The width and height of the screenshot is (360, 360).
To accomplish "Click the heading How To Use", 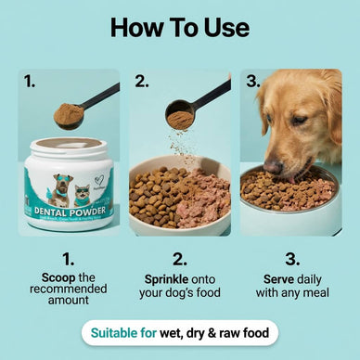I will point(179,26).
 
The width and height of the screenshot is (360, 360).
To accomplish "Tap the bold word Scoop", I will point(59,277).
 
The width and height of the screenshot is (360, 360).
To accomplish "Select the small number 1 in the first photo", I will point(31,82).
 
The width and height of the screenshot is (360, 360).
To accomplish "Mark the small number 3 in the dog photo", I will point(251,82).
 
